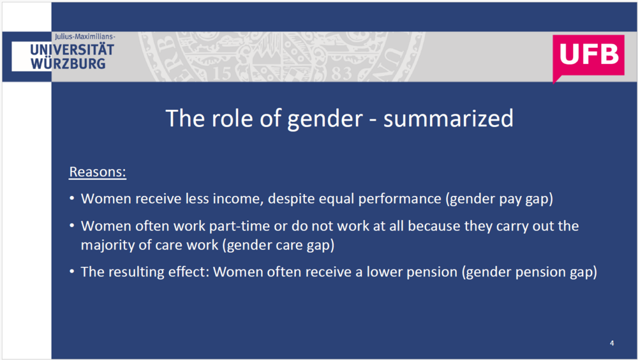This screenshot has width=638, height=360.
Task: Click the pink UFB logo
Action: [588, 56]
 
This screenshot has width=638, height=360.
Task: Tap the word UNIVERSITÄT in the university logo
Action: [72, 50]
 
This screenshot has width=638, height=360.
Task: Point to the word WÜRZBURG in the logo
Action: [68, 64]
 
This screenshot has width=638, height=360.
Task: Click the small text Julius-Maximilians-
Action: [85, 36]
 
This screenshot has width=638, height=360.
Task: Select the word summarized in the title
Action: [449, 119]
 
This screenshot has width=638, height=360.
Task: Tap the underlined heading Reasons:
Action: [98, 172]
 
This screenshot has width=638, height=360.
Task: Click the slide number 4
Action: [612, 343]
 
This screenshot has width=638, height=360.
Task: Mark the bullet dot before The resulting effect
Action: [71, 271]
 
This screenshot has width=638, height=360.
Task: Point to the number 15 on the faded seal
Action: [222, 73]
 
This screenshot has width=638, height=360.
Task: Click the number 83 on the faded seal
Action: [341, 73]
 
